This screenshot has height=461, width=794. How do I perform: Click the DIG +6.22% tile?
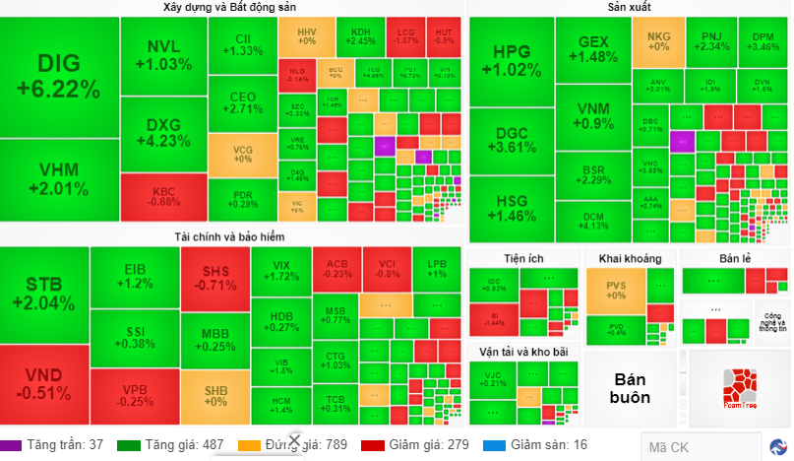[x=59, y=77]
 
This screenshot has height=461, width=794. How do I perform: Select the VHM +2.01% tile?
[x=59, y=179]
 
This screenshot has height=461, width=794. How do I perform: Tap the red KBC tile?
[x=163, y=196]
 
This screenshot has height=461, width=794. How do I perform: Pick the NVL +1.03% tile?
[x=163, y=55]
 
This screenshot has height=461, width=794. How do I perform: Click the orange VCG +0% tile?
[x=242, y=154]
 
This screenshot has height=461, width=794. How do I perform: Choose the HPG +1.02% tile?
[x=511, y=61]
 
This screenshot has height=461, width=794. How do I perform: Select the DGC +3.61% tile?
[x=511, y=141]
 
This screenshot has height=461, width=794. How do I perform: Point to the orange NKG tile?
[x=657, y=41]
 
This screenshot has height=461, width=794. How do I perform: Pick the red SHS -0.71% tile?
[x=214, y=279]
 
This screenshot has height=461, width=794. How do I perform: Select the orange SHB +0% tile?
[x=214, y=395]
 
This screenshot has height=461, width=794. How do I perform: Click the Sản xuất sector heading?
[x=629, y=8]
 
